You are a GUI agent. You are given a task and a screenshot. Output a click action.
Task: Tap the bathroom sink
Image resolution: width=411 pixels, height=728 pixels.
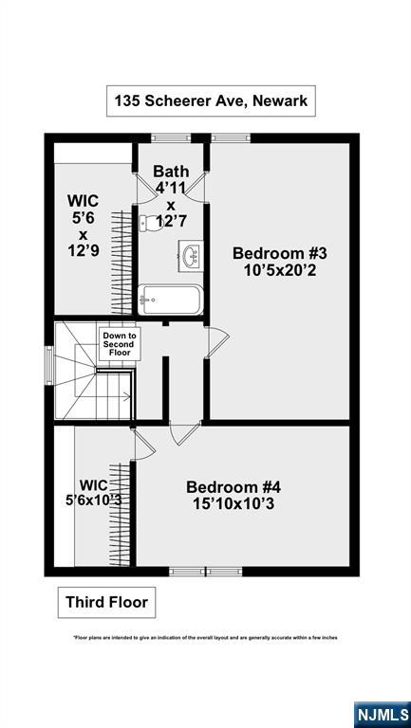coord(191,254)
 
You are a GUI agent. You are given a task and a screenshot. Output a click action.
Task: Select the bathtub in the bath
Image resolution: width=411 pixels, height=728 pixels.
coord(171,300)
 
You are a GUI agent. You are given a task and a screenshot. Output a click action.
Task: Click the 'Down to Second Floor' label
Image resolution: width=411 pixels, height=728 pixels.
coord(120,344)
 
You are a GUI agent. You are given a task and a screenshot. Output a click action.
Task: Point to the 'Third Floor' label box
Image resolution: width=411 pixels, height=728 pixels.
coord(106,602)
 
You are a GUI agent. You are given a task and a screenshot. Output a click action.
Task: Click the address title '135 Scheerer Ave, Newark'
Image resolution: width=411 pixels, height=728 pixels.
coord(211,100)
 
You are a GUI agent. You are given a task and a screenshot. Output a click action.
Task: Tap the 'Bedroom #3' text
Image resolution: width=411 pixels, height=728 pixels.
coord(280,253)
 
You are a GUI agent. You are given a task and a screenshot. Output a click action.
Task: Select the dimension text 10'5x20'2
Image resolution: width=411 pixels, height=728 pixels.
coord(280,270)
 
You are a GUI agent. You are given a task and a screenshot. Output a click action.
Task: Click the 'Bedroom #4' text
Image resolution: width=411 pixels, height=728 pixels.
coord(234,487)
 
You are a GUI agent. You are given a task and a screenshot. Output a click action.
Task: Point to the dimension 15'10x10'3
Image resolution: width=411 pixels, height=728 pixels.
coord(234,503)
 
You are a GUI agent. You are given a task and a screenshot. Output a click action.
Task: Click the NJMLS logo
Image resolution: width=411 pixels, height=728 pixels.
coord(383,715)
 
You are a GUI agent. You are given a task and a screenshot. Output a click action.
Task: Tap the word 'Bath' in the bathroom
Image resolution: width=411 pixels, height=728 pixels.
coord(171,171)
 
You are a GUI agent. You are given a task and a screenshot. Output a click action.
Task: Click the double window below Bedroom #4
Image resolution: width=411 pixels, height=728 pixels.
coord(205,571)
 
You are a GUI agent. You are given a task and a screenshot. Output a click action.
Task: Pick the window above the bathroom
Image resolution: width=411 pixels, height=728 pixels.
coord(171,137)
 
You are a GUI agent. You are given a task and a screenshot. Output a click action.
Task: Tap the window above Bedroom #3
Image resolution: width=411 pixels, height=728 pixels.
coord(231,137)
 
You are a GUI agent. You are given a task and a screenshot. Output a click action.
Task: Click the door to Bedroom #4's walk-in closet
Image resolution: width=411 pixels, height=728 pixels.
coord(144,445)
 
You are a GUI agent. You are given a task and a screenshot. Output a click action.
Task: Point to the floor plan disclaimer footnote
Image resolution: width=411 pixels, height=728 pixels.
coord(205,638)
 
